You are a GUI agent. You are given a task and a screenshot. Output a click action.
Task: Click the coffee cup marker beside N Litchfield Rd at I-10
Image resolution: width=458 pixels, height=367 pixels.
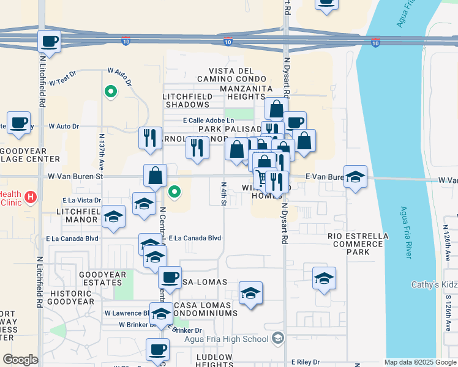pyautogui.click(x=50, y=42)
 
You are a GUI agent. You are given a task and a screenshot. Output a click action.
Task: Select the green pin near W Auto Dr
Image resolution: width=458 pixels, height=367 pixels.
pyautogui.click(x=110, y=92)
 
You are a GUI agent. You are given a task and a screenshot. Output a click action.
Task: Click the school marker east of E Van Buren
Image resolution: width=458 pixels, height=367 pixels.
pyautogui.click(x=355, y=177)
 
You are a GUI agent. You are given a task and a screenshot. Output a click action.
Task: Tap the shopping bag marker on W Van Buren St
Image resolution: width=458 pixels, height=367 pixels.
pyautogui.click(x=156, y=176)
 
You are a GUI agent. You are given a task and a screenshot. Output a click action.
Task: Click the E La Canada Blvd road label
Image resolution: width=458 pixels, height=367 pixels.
pyautogui.click(x=195, y=238)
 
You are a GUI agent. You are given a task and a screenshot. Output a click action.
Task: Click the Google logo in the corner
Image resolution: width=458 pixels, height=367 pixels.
pyautogui.click(x=20, y=360)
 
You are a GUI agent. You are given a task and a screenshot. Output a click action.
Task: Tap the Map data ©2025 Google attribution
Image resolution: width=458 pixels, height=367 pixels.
pyautogui.click(x=419, y=362)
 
